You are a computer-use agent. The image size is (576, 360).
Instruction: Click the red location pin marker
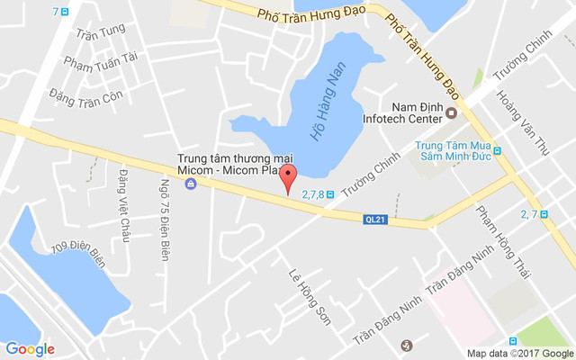pos(288,177)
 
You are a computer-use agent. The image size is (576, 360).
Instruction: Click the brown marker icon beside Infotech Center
pos(465,113)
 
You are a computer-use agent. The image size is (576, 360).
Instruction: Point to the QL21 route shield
pos(376,219)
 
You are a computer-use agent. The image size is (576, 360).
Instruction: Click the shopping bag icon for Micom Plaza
pos(190,184)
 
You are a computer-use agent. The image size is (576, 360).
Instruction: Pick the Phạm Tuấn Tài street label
pos(100,61)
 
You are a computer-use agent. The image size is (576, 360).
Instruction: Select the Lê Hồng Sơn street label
pos(309,296)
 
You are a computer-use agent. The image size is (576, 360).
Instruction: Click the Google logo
pos(30,348)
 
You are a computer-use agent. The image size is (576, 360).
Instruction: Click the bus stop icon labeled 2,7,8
pos(330,193)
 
